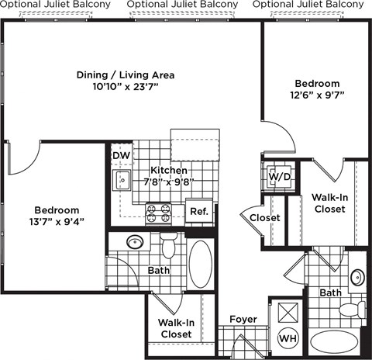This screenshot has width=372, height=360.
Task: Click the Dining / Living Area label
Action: point(125,75)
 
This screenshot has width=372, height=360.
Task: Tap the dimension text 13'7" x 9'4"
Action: point(57,222)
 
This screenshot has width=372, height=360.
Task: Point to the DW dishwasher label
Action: point(121,156)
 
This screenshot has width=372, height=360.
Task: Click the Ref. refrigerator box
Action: point(199,211)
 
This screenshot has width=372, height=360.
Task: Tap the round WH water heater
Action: point(287,338)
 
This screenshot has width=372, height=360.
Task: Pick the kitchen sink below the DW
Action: point(122,181)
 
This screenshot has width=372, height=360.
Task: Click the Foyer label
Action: point(243,320)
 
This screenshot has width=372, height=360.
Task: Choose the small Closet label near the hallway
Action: point(264,218)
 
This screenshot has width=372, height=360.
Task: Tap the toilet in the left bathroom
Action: point(170,247)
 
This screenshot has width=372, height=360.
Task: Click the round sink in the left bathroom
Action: point(134,242)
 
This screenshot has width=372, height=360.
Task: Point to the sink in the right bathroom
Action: point(356,277)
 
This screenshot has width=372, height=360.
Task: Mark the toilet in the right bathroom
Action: point(353,310)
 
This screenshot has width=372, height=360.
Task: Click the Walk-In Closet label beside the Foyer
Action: point(175,327)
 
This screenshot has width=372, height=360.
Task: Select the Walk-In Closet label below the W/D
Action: point(329,203)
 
